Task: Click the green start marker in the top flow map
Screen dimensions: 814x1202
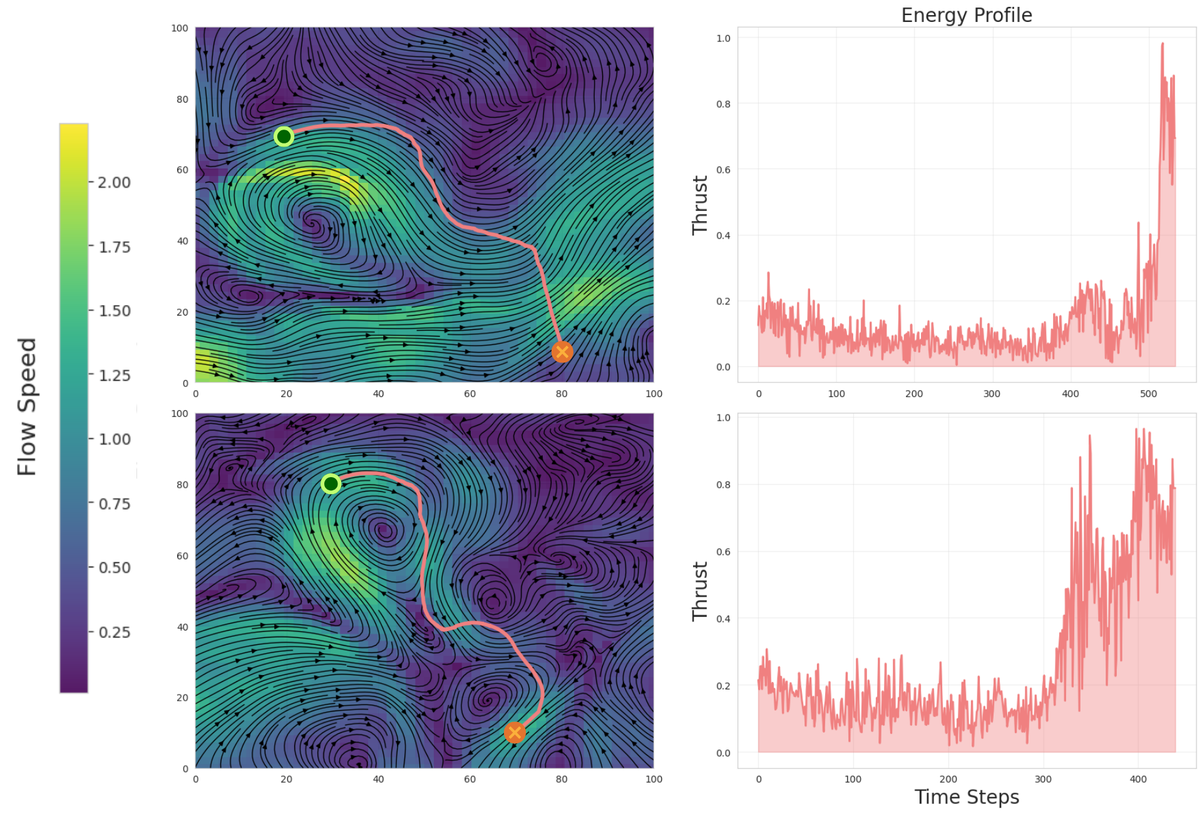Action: tap(284, 136)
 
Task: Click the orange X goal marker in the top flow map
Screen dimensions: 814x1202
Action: tap(562, 352)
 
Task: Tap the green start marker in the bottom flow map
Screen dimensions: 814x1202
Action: tap(331, 483)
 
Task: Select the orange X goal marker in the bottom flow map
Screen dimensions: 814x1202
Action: tap(515, 733)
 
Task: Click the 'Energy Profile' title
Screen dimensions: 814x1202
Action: tap(966, 15)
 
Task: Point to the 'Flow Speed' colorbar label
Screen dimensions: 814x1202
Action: tap(27, 407)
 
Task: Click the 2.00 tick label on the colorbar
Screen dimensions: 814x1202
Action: tap(115, 182)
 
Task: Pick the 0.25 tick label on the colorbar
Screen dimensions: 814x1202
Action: tap(115, 632)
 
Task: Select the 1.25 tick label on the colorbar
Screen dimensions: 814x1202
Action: tap(115, 375)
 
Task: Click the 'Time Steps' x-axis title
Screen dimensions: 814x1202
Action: tap(967, 797)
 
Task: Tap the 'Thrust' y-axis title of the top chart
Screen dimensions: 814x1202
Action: tap(699, 205)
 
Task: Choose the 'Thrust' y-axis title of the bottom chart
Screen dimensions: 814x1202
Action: tap(699, 591)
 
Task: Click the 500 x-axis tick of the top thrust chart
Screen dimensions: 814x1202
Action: tap(1148, 394)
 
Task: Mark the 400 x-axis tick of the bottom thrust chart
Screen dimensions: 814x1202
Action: tap(1138, 780)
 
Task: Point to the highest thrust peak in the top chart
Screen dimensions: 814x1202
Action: tap(1163, 44)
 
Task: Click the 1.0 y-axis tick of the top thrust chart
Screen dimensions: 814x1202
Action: tap(723, 38)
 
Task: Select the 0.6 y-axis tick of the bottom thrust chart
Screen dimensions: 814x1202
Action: tap(723, 552)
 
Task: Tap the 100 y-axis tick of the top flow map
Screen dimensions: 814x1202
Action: tap(180, 28)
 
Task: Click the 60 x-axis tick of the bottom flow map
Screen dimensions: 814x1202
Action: tap(470, 780)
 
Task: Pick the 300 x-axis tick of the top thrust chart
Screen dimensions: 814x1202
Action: tap(992, 394)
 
